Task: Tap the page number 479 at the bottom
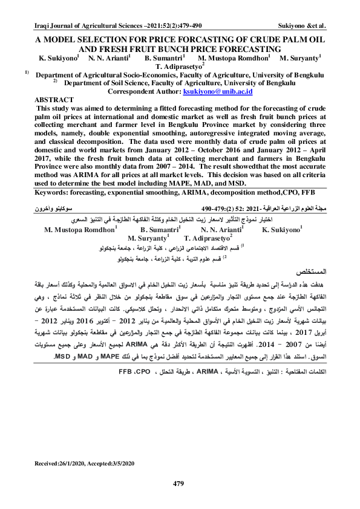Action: [x=178, y=482]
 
